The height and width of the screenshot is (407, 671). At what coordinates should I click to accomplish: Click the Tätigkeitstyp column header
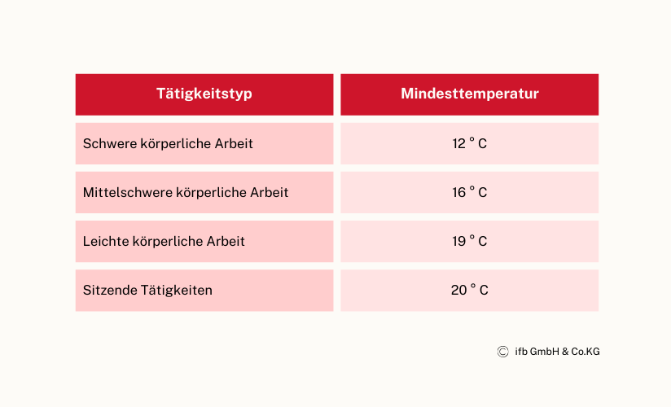[204, 94]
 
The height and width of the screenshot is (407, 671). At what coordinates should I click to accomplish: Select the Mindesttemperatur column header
[469, 94]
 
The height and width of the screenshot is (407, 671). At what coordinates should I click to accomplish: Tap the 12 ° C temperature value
[469, 143]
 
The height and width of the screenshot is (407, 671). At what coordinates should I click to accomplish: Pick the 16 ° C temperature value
[469, 192]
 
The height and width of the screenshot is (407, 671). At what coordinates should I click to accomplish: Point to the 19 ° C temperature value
[469, 240]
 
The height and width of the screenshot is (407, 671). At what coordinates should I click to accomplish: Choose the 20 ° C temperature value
[469, 290]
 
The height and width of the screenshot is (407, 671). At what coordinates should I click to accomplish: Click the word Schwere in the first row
[110, 143]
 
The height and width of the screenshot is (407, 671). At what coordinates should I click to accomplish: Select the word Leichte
[106, 241]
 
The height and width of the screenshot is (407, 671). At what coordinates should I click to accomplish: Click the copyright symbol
[502, 352]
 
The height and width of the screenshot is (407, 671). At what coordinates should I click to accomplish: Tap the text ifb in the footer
[521, 352]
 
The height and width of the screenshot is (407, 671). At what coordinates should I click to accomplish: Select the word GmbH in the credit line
[544, 352]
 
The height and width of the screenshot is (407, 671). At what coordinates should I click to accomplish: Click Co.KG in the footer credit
[585, 352]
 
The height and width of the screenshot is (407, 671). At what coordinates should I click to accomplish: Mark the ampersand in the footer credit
[565, 352]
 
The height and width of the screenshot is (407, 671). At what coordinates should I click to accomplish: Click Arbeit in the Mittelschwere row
[270, 192]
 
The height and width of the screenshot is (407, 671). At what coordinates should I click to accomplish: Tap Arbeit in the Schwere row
[234, 143]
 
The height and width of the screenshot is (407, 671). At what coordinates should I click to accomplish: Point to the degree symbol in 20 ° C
[472, 286]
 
